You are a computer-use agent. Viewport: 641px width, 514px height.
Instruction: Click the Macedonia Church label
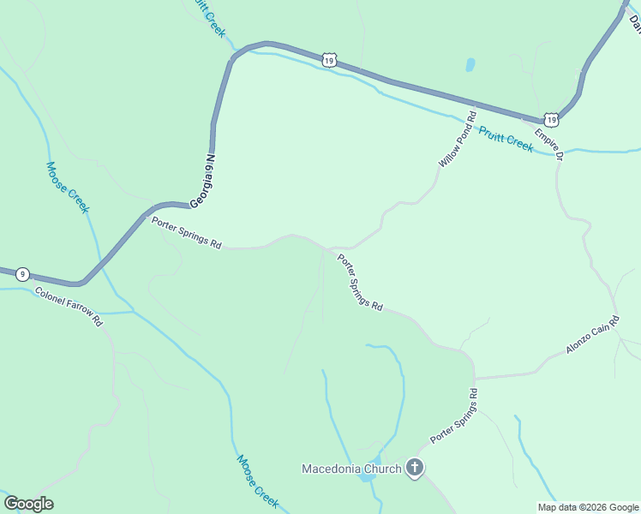tap(351, 469)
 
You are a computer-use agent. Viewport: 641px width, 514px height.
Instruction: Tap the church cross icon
tap(415, 468)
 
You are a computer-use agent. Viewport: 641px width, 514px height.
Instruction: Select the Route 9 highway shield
tap(23, 274)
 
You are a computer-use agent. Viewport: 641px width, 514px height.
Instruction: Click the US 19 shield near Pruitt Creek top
tap(329, 58)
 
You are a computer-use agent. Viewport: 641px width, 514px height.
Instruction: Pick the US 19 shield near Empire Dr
tap(551, 120)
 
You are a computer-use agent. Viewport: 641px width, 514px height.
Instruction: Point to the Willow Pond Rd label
tap(457, 139)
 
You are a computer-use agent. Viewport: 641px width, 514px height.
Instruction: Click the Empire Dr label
tap(549, 144)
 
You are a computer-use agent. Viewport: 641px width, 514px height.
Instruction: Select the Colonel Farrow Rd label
tap(69, 306)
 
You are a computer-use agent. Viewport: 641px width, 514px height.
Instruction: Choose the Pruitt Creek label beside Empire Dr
tap(506, 139)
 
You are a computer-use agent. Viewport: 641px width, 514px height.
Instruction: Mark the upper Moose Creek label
tap(68, 187)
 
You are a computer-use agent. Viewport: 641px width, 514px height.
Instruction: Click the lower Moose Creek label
tap(257, 479)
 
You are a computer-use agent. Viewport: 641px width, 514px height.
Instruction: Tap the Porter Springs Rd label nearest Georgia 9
tap(187, 233)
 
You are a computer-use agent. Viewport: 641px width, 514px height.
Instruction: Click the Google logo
tap(28, 504)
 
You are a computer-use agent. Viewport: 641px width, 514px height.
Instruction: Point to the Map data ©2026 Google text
tap(589, 507)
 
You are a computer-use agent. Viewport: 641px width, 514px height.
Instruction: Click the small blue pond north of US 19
tap(470, 64)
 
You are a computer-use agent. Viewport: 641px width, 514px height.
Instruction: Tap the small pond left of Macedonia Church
tap(367, 476)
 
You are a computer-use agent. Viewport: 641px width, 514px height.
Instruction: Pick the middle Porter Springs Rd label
tap(359, 282)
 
